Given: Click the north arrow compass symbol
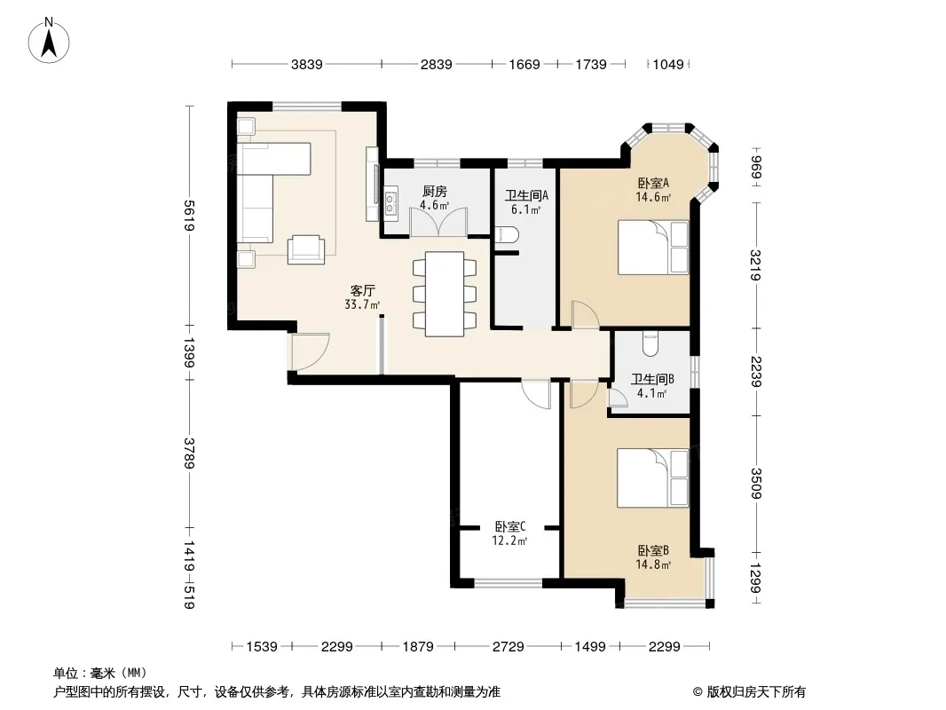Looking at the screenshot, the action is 48,41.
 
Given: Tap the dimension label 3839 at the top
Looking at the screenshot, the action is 306,64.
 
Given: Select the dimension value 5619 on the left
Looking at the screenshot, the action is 188,216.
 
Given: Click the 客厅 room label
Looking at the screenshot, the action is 363,290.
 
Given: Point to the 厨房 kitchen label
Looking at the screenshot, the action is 434,191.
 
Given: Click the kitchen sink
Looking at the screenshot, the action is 390,203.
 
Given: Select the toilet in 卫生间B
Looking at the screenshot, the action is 650,343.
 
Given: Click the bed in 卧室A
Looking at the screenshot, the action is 653,248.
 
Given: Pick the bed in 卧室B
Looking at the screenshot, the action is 653,477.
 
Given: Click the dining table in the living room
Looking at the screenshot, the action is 445,294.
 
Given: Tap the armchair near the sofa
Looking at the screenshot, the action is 306,248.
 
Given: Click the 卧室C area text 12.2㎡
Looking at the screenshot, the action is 509,541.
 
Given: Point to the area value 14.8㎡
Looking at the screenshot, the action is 653,565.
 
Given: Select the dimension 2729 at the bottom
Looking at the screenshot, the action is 508,647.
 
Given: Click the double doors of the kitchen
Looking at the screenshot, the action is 438,221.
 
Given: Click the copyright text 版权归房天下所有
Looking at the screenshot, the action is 756,692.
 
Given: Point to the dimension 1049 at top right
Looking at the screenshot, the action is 668,64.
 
